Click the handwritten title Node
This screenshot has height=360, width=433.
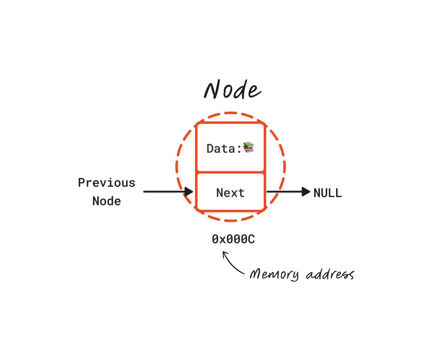pos(232,90)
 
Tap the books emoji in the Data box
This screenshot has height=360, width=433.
pos(249,147)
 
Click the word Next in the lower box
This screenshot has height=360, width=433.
pos(230,193)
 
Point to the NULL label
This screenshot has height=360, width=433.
pos(328,193)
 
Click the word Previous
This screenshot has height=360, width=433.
pos(107,183)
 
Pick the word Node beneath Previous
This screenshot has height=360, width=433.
pos(107,201)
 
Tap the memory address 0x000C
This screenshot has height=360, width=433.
pos(233,239)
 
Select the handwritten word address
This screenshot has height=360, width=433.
pos(330,274)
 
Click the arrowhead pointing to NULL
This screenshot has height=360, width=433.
pos(306,192)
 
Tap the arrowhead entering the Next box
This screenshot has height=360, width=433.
pos(189,192)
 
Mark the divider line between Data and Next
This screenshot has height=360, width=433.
pos(231,172)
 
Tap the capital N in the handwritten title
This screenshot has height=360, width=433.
pos(212,90)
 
